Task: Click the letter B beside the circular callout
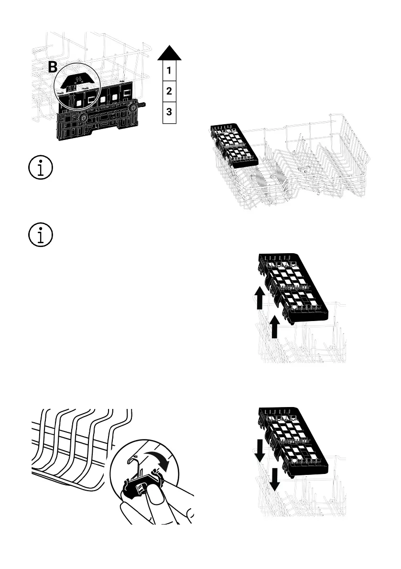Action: click(x=53, y=67)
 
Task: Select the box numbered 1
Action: click(x=170, y=71)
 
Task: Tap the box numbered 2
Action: click(x=170, y=91)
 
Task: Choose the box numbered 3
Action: click(x=170, y=113)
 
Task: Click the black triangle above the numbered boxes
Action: click(x=170, y=52)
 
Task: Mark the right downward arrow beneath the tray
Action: click(x=275, y=479)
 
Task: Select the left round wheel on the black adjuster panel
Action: click(x=84, y=117)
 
